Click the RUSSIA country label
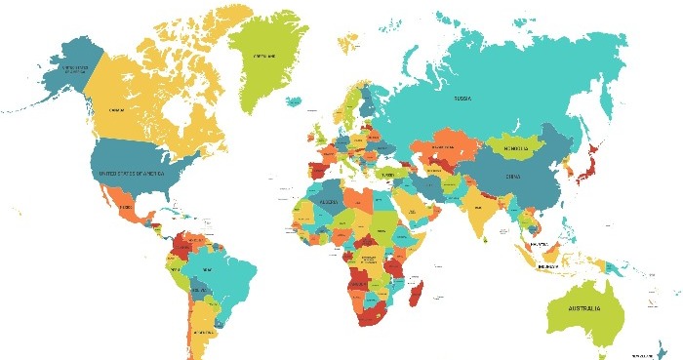click(463, 99)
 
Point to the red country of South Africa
click(374, 315)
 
